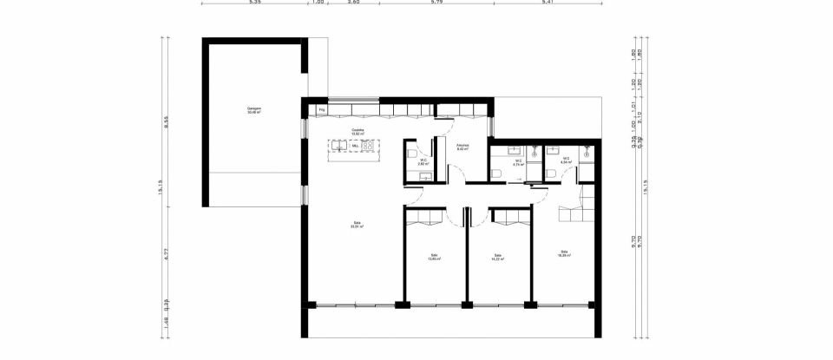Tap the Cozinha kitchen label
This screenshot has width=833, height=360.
(357, 133)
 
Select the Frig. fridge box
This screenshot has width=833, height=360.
(322, 110)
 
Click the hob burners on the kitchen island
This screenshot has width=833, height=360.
(371, 147)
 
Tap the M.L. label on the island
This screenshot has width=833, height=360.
(355, 147)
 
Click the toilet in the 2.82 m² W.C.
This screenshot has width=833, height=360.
(411, 154)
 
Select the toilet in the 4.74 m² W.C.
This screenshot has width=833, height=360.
(496, 173)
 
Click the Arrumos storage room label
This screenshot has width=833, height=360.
(462, 147)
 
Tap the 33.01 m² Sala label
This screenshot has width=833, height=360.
(356, 225)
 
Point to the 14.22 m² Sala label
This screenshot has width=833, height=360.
(498, 257)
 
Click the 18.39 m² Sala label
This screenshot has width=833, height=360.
(565, 253)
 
